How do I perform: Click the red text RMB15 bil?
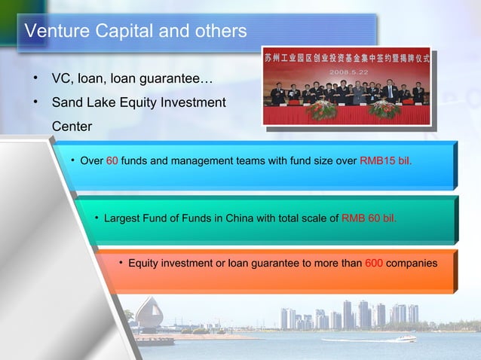(x=386, y=160)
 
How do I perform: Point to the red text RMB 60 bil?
(x=369, y=218)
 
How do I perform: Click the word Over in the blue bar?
(x=91, y=160)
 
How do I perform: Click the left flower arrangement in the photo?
(x=322, y=110)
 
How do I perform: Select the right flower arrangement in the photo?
(x=384, y=110)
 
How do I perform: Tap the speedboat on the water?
(x=406, y=339)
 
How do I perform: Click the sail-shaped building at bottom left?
(x=149, y=314)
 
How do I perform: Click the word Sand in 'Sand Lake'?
(x=68, y=102)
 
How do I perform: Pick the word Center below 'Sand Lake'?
(x=72, y=126)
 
